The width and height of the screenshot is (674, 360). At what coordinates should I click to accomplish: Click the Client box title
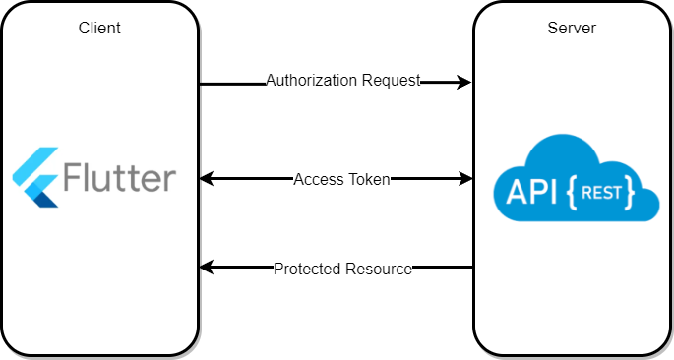tap(99, 28)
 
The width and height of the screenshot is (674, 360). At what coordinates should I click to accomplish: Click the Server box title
tap(571, 28)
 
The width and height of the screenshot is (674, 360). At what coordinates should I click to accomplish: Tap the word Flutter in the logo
tap(119, 179)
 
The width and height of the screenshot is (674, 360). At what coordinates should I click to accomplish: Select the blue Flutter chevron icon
tap(35, 177)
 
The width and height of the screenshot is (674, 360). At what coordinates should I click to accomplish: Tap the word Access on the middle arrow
tap(317, 179)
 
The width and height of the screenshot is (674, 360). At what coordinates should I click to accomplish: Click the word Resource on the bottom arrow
tap(378, 269)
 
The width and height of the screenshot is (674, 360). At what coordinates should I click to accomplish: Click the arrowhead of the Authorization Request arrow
tap(464, 84)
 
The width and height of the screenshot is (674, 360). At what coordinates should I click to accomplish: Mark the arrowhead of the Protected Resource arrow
tap(207, 267)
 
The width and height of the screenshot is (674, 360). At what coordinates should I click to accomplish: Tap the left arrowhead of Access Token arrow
tap(207, 178)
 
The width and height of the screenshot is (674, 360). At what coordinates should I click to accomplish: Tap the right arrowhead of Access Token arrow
tap(464, 178)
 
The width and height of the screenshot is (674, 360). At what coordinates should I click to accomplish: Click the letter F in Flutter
tap(73, 179)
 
